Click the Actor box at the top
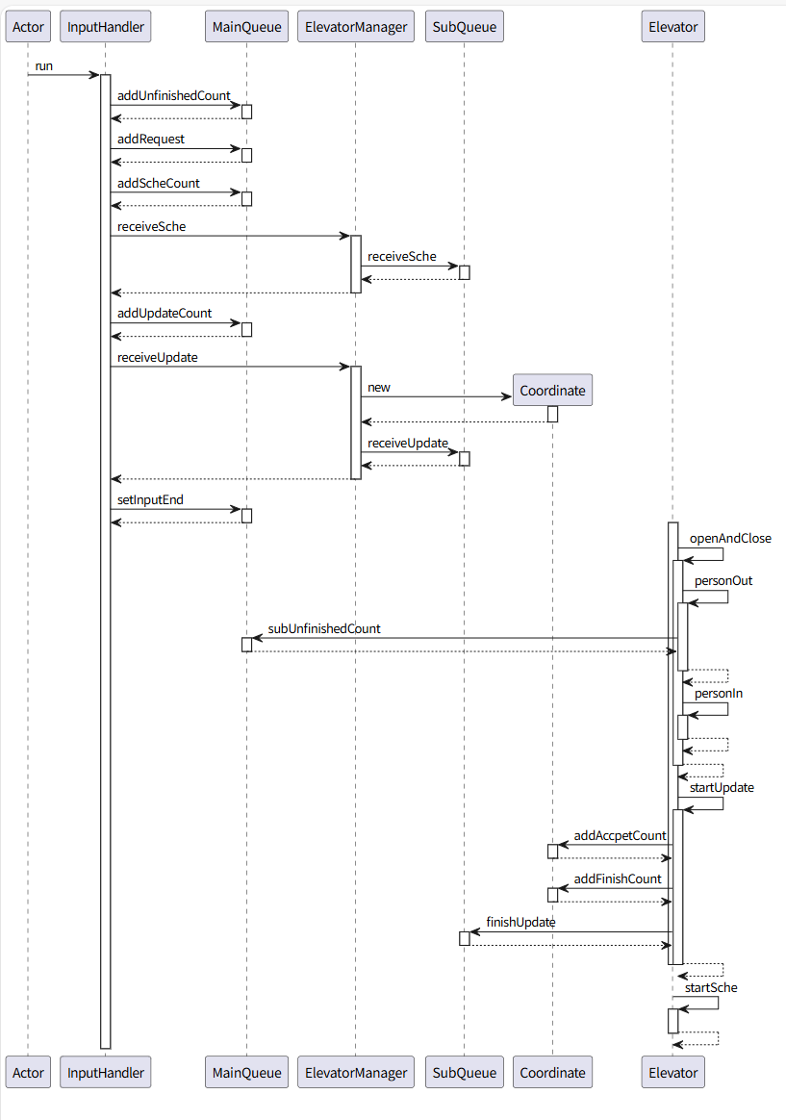click(28, 27)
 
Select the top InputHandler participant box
click(106, 27)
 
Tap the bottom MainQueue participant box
click(246, 1072)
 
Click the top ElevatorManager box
click(355, 27)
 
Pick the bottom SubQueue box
click(464, 1072)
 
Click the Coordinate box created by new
click(552, 391)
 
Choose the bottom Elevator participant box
click(672, 1072)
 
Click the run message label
click(43, 65)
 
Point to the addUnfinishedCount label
click(173, 95)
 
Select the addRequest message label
click(151, 140)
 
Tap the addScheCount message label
click(159, 183)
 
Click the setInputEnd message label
click(150, 499)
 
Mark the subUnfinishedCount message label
click(324, 628)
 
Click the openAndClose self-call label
click(730, 538)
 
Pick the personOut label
click(723, 581)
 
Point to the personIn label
click(719, 693)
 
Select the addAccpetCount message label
click(620, 835)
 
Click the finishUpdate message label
click(520, 922)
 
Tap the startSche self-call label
click(711, 987)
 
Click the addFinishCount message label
click(618, 878)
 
